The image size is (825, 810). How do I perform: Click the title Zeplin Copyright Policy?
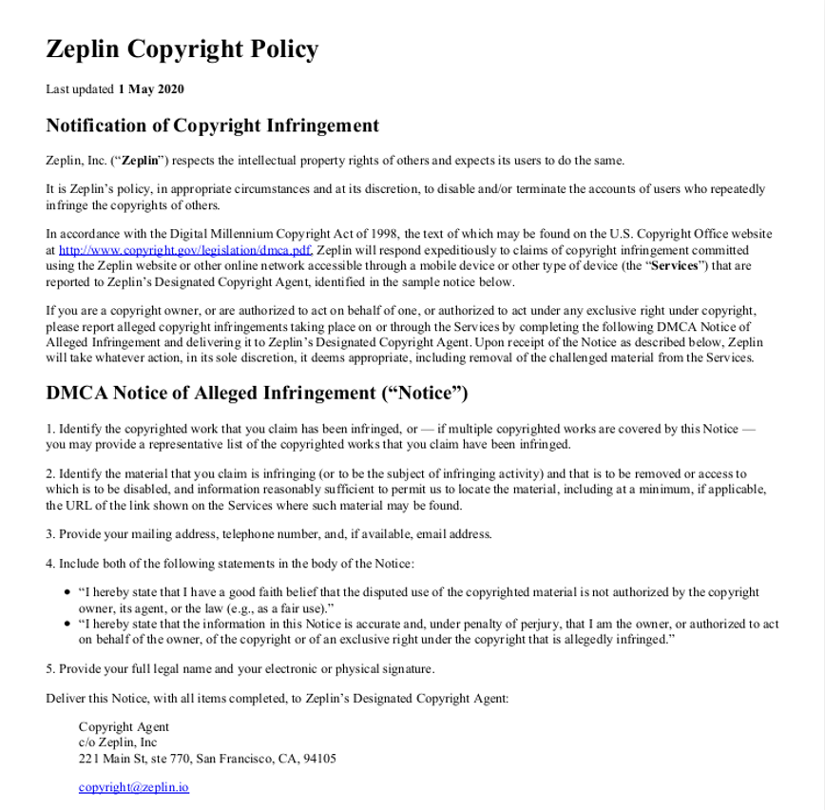coord(182,49)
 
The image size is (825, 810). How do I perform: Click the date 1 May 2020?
coord(151,89)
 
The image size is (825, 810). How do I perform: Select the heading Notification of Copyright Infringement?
coord(212,125)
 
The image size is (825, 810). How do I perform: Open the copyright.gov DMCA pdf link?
coord(185,251)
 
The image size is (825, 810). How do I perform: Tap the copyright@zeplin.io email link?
coord(133,787)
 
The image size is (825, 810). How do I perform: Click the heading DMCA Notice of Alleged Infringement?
coord(257,394)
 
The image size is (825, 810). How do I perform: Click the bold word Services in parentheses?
coord(675,266)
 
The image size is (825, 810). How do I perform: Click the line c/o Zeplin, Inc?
coord(118,742)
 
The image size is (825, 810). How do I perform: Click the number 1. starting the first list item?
coord(50,429)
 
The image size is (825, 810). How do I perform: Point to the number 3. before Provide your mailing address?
coord(50,534)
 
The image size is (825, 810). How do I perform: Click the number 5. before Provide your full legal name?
coord(50,669)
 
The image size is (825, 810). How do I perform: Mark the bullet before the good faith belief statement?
coord(67,592)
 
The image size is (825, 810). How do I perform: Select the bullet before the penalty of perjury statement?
coord(67,625)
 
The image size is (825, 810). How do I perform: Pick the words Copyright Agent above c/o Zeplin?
coord(124,727)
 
